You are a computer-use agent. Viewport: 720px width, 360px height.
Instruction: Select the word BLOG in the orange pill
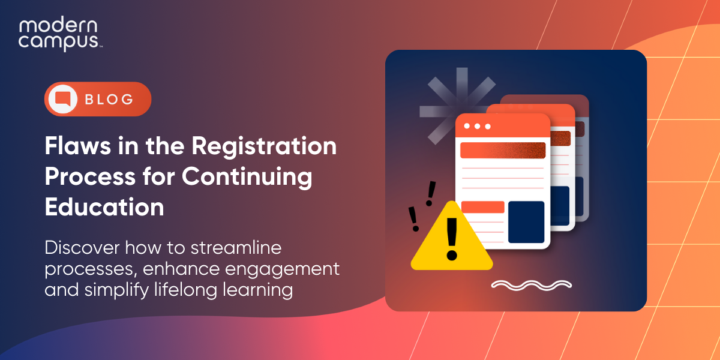click(x=109, y=99)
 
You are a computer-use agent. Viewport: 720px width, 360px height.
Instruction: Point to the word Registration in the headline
click(x=265, y=147)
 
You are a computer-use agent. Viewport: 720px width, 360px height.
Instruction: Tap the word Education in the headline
click(x=104, y=207)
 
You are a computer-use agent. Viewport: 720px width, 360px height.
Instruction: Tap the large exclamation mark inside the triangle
click(x=451, y=238)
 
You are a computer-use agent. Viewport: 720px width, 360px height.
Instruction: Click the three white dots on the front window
click(x=478, y=126)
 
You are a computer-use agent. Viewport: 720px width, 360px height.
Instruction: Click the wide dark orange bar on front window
click(x=503, y=150)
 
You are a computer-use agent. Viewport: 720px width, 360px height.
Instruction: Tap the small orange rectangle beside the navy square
click(x=482, y=207)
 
